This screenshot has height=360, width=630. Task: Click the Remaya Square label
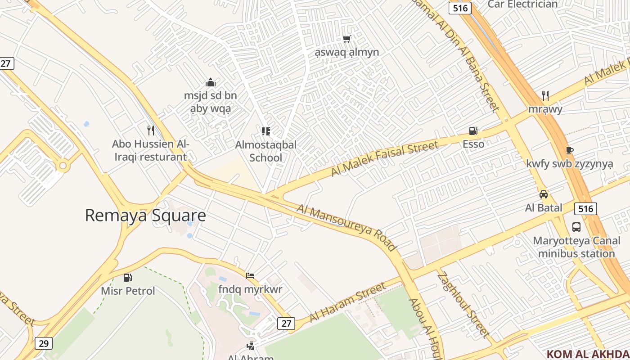point(145,216)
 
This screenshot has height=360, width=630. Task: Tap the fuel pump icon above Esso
point(473,131)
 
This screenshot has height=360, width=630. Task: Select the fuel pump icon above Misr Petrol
point(128,278)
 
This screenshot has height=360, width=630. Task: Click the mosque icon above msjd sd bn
point(210,82)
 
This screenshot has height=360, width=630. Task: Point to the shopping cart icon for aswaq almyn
point(346,39)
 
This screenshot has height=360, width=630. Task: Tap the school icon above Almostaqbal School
point(266,131)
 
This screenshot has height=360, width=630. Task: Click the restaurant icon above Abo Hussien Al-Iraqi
point(151,130)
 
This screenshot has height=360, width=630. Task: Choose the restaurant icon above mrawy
point(545,95)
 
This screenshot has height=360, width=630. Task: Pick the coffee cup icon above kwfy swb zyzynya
point(569,150)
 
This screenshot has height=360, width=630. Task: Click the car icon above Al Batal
point(544,194)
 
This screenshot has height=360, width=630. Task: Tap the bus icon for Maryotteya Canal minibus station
point(576,227)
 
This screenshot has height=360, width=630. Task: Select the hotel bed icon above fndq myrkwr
point(250,275)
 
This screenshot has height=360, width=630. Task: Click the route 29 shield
point(43,343)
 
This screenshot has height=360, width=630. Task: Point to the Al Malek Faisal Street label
point(384,158)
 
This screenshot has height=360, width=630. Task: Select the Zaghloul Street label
point(463,305)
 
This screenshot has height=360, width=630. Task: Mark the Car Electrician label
point(522,4)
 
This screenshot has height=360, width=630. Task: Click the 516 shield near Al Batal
point(585,208)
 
